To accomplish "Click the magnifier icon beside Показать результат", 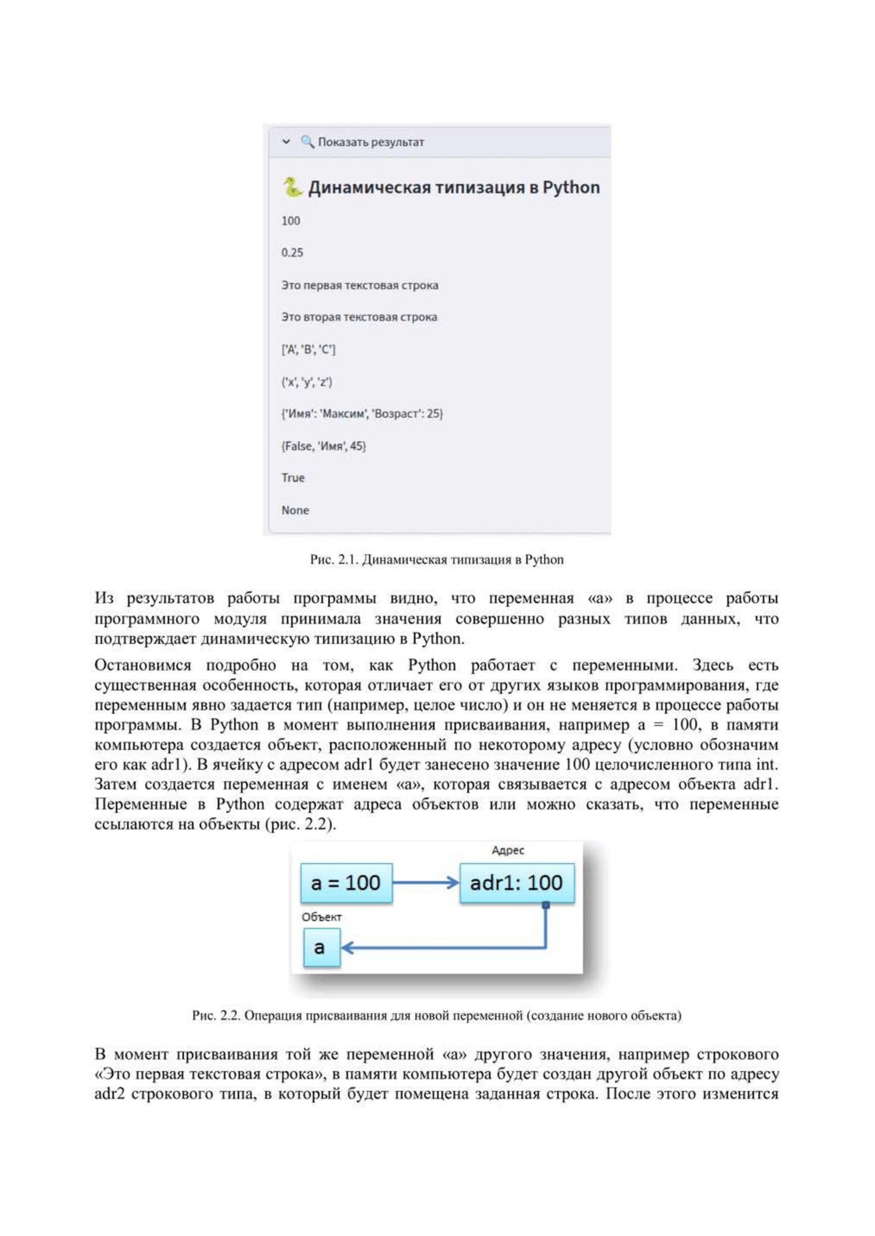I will click(x=307, y=142).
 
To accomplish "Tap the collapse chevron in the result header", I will click(x=286, y=142).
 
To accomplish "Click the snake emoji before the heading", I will click(x=292, y=187).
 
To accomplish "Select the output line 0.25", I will click(x=292, y=253).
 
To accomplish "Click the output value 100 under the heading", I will click(x=290, y=221).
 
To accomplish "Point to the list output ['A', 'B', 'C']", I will click(x=308, y=349).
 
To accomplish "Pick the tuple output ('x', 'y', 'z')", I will click(x=307, y=382).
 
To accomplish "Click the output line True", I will click(x=293, y=478).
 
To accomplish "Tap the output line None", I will click(x=295, y=510).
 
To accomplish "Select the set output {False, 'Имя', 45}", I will click(x=323, y=446).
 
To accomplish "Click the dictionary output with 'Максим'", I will click(x=362, y=413).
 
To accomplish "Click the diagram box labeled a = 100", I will click(x=346, y=883).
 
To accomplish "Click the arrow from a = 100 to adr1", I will click(x=426, y=883).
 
